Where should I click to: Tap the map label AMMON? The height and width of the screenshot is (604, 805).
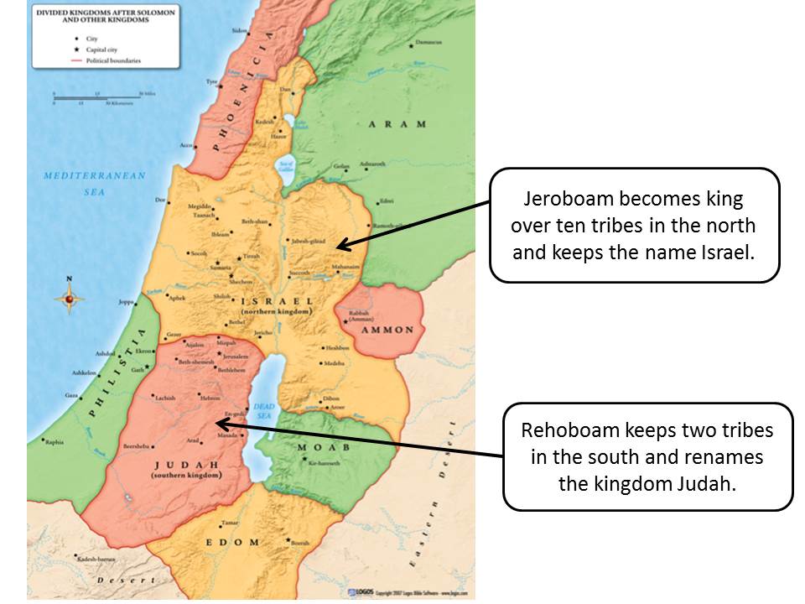387,330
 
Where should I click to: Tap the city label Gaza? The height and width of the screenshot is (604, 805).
71,394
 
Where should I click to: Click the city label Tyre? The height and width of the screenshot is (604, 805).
211,82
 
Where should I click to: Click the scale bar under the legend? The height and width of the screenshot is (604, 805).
96,98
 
